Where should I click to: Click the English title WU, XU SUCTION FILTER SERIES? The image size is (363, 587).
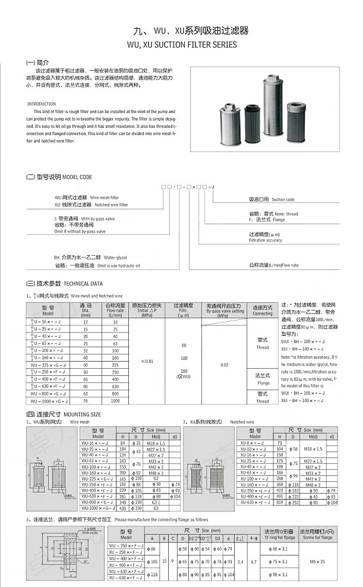point(182,44)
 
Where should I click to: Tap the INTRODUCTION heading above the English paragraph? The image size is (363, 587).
point(42,104)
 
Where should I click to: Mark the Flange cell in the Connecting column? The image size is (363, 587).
point(262,378)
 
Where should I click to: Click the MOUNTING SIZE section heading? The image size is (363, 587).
point(64,413)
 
